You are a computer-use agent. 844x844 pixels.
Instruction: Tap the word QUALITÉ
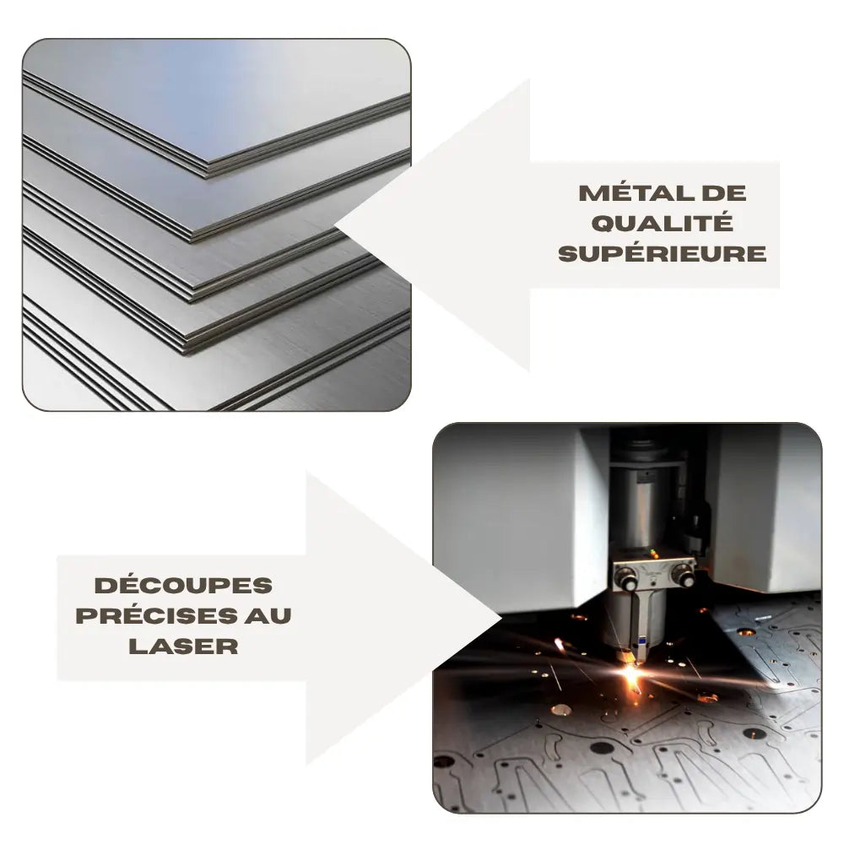point(663,223)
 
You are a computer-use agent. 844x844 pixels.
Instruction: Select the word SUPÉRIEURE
point(663,253)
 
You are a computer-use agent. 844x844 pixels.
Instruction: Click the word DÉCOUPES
point(184,585)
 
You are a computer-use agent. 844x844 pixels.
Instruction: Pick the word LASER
point(184,646)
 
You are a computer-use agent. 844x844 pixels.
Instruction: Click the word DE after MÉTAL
point(724,192)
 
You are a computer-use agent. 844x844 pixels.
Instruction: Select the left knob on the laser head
point(626,578)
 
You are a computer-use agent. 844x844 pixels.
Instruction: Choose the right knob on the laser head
point(684,578)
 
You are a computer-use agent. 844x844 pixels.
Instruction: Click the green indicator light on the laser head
point(652,553)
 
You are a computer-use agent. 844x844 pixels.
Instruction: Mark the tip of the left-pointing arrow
point(338,225)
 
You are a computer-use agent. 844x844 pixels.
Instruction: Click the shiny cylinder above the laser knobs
point(644,511)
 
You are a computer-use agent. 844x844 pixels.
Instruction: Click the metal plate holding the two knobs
point(655,572)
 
